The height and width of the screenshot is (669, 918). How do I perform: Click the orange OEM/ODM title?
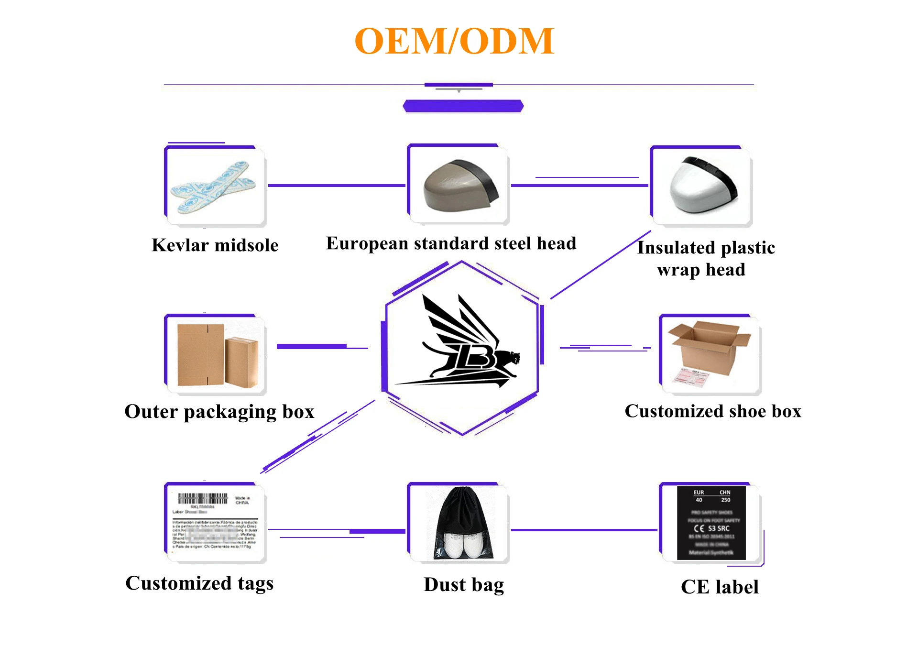tap(454, 42)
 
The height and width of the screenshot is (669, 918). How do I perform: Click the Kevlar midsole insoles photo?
tap(214, 187)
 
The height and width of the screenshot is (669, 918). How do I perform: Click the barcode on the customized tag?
tap(202, 499)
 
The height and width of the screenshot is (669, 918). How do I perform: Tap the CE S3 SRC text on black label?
tap(712, 528)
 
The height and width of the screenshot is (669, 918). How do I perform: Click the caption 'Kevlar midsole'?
tap(215, 245)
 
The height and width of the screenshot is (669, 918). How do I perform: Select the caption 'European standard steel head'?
tap(451, 243)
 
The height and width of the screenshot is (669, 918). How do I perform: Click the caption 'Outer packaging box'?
tap(219, 412)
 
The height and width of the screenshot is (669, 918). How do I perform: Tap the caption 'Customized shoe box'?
tap(712, 411)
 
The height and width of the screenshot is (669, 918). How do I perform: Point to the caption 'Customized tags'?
tap(199, 583)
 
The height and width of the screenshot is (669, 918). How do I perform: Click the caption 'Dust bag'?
tap(463, 585)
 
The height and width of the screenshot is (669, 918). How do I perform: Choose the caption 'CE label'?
tap(719, 587)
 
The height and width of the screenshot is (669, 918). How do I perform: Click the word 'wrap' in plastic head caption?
tap(678, 270)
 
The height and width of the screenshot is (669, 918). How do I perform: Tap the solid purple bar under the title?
tap(463, 106)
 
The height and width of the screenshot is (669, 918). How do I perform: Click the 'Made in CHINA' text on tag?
tap(242, 500)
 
